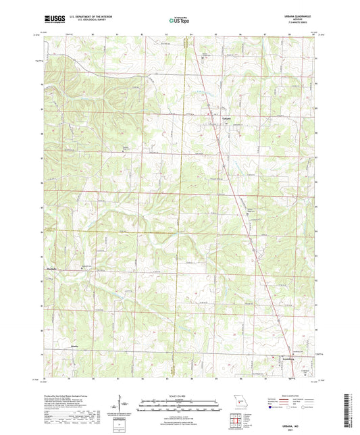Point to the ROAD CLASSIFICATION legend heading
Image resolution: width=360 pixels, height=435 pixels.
click(x=287, y=396)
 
